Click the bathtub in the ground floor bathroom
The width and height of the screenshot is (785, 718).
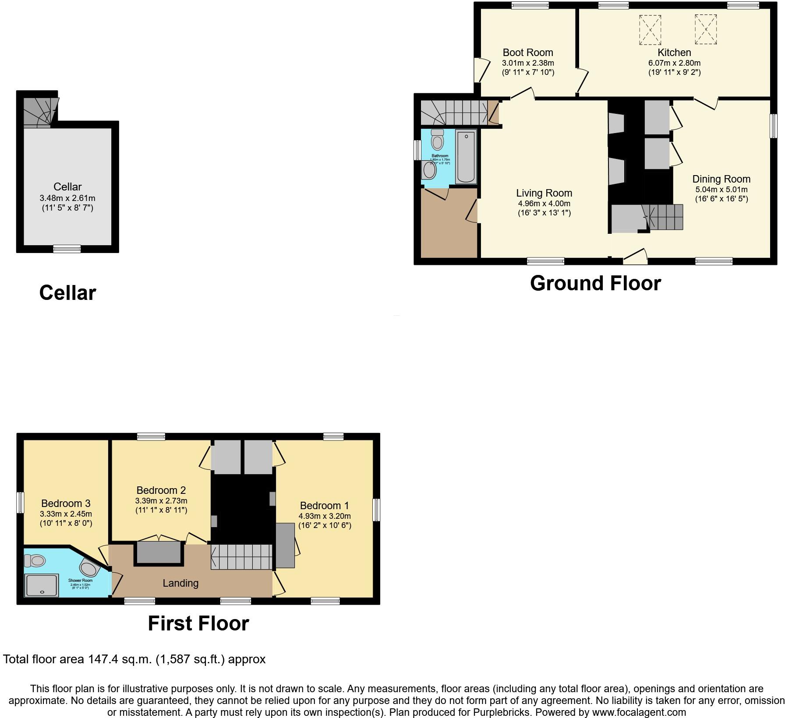pyautogui.click(x=466, y=157)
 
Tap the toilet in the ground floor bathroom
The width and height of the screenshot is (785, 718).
pyautogui.click(x=437, y=140)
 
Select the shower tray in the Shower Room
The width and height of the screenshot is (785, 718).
pyautogui.click(x=42, y=585)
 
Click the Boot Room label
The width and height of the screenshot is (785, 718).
pyautogui.click(x=527, y=53)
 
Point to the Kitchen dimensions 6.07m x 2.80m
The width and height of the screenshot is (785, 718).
pyautogui.click(x=674, y=63)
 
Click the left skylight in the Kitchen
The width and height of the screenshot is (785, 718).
pyautogui.click(x=650, y=30)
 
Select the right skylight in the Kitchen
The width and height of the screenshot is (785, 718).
pyautogui.click(x=706, y=29)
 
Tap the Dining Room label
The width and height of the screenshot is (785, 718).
pyautogui.click(x=721, y=179)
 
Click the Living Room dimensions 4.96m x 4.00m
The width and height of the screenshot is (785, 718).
pyautogui.click(x=544, y=204)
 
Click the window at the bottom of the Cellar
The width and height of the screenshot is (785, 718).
pyautogui.click(x=67, y=249)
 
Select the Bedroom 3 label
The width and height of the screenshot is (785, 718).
pyautogui.click(x=66, y=503)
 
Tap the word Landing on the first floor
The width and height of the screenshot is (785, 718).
pyautogui.click(x=180, y=583)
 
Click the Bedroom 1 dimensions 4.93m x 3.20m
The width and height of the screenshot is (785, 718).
pyautogui.click(x=325, y=516)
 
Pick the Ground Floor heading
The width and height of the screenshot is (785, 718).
pyautogui.click(x=595, y=283)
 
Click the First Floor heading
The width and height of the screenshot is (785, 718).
pyautogui.click(x=198, y=623)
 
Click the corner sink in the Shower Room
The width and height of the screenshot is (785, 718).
pyautogui.click(x=91, y=569)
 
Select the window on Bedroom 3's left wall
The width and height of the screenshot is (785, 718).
pyautogui.click(x=20, y=503)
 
